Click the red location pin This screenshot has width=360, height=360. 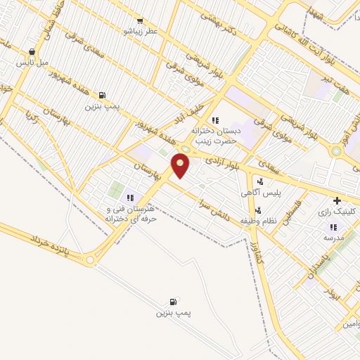[181, 165]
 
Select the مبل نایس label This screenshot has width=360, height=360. [34, 63]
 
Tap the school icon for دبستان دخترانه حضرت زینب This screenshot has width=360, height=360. [215, 120]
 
